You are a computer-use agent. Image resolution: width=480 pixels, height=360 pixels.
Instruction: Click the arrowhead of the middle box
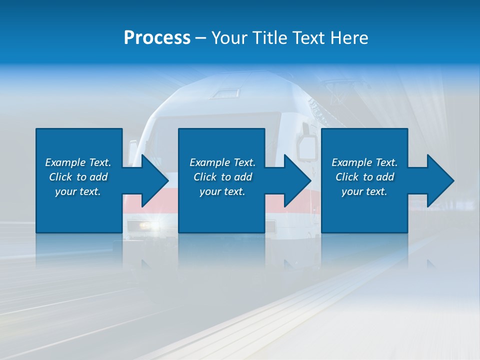[x=296, y=180]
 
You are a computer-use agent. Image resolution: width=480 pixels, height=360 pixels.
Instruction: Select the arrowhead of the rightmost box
[x=439, y=180]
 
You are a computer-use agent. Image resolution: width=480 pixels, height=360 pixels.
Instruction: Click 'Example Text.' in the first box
[x=78, y=162]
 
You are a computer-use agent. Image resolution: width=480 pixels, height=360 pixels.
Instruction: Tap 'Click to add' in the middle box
[x=222, y=177]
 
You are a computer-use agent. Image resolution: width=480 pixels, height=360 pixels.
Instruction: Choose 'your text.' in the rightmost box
[x=364, y=191]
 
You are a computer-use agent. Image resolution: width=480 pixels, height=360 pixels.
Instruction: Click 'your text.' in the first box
[x=78, y=191]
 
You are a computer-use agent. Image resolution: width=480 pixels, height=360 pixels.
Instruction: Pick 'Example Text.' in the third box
[x=364, y=162]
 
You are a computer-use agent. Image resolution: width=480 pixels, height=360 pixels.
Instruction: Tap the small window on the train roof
[x=225, y=93]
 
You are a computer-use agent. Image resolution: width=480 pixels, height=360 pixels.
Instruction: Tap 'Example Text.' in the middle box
[x=222, y=162]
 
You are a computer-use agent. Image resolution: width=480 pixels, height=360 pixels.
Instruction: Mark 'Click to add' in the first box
[x=78, y=177]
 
